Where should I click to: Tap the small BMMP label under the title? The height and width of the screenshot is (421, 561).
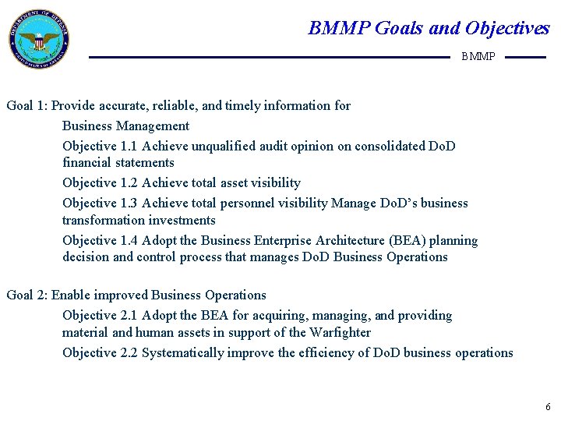(478, 57)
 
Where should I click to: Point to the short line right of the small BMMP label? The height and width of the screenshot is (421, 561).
(526, 57)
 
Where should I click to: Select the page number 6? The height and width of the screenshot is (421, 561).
(548, 406)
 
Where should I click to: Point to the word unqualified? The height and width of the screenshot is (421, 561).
(224, 146)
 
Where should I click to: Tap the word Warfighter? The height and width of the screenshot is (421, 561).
(340, 332)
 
